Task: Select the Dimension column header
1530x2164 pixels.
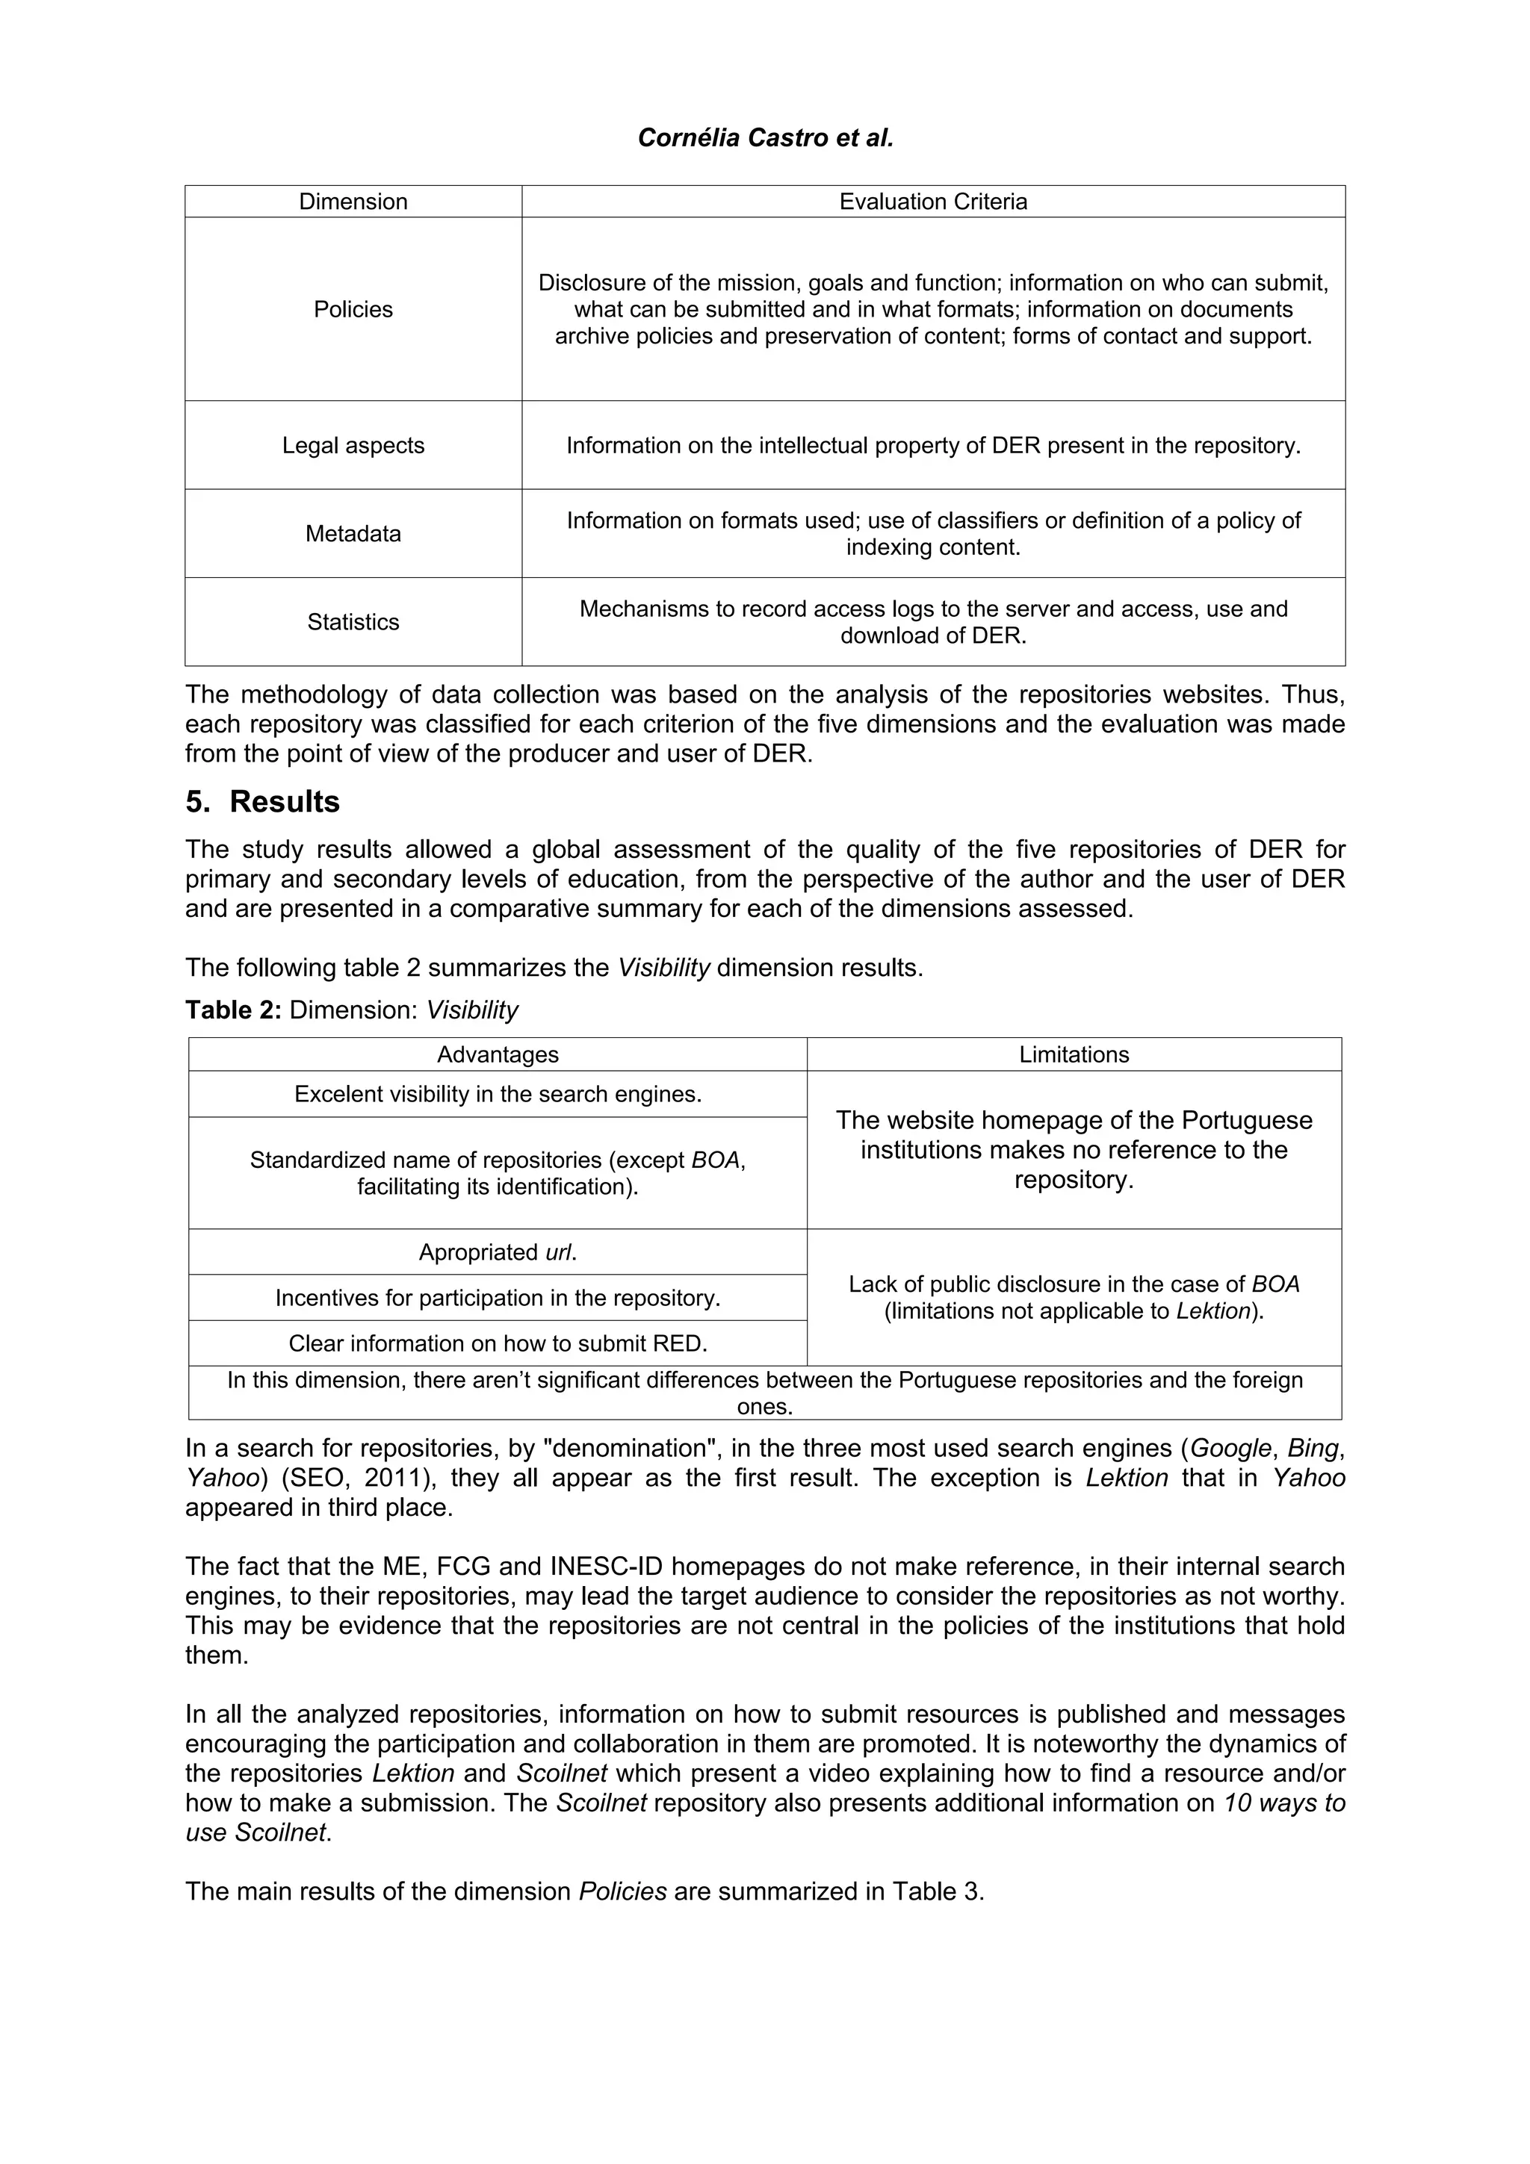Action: [x=353, y=202]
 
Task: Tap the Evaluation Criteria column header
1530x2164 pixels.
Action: [x=932, y=202]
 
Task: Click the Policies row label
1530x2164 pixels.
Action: [x=353, y=309]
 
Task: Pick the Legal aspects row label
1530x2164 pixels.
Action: [x=353, y=445]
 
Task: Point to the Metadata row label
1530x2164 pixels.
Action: [x=353, y=533]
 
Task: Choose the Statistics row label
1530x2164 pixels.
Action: [x=353, y=622]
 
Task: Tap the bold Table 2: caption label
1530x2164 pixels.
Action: [x=233, y=1010]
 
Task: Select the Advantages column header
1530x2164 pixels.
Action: [x=497, y=1054]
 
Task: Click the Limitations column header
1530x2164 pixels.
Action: [x=1073, y=1054]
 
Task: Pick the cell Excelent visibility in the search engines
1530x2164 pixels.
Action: [x=497, y=1094]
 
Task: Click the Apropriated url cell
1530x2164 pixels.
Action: [x=497, y=1252]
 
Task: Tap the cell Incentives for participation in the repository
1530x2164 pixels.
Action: [x=497, y=1298]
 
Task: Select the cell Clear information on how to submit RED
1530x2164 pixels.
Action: [x=497, y=1343]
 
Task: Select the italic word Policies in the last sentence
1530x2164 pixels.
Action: [x=622, y=1891]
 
